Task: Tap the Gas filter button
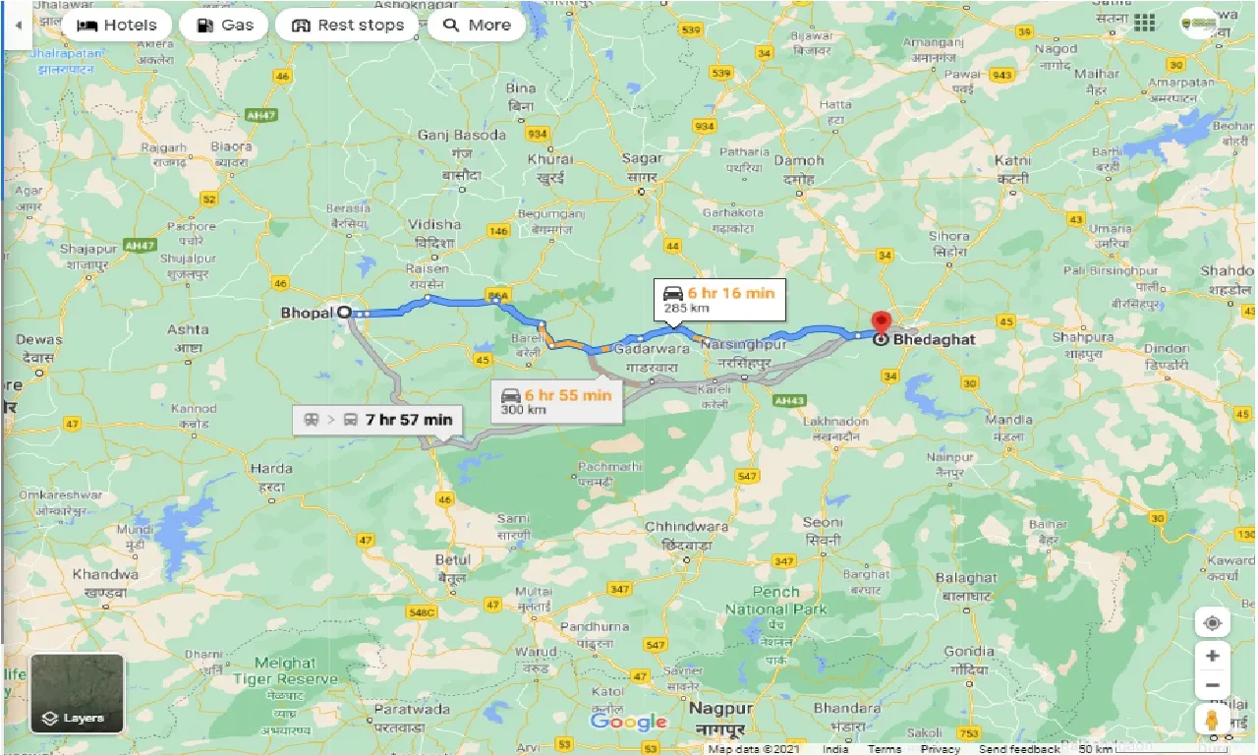click(x=224, y=26)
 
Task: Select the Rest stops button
click(x=348, y=26)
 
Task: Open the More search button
click(x=477, y=26)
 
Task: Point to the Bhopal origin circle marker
click(x=344, y=313)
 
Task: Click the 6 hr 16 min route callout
click(x=720, y=299)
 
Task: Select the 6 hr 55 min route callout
click(x=557, y=400)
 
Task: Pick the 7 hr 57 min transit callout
click(x=378, y=420)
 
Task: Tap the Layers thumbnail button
click(x=78, y=693)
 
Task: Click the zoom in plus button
click(x=1213, y=656)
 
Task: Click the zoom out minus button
click(x=1213, y=685)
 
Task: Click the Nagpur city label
click(x=720, y=709)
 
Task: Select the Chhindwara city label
click(x=686, y=527)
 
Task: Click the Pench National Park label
click(x=776, y=601)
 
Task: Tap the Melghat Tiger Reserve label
click(x=286, y=671)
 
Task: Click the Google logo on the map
click(x=629, y=723)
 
